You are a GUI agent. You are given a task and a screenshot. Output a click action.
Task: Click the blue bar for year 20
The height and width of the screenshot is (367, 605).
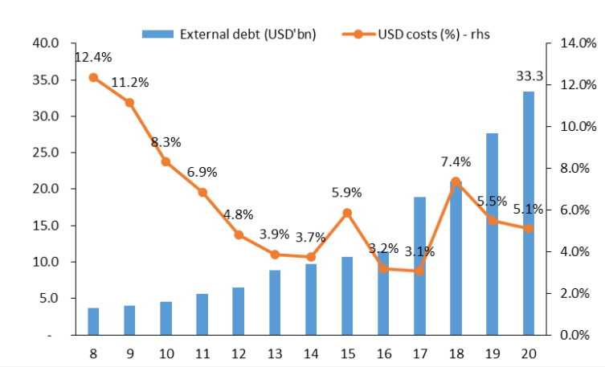click(x=528, y=213)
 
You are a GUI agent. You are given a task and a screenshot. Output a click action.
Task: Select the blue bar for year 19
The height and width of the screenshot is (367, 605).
click(x=492, y=234)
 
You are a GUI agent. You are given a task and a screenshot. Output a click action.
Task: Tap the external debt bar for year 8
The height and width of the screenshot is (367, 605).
click(x=93, y=320)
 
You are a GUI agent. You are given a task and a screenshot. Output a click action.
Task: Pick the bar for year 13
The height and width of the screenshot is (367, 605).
click(x=275, y=302)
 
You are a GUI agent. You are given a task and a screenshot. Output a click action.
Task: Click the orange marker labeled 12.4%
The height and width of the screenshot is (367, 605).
click(x=93, y=77)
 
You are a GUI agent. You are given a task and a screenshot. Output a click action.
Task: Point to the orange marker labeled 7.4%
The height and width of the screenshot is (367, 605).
click(x=456, y=181)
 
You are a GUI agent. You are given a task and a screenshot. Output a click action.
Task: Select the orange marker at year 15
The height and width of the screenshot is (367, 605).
click(x=347, y=213)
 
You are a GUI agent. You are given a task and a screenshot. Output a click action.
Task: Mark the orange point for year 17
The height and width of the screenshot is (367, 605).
click(x=419, y=271)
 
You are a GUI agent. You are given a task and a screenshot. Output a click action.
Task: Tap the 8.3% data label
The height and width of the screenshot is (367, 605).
click(x=166, y=142)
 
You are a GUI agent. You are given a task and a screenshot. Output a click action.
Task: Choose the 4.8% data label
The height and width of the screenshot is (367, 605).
click(x=239, y=214)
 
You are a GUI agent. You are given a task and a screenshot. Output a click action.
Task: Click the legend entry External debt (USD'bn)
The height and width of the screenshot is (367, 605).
click(x=229, y=34)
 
